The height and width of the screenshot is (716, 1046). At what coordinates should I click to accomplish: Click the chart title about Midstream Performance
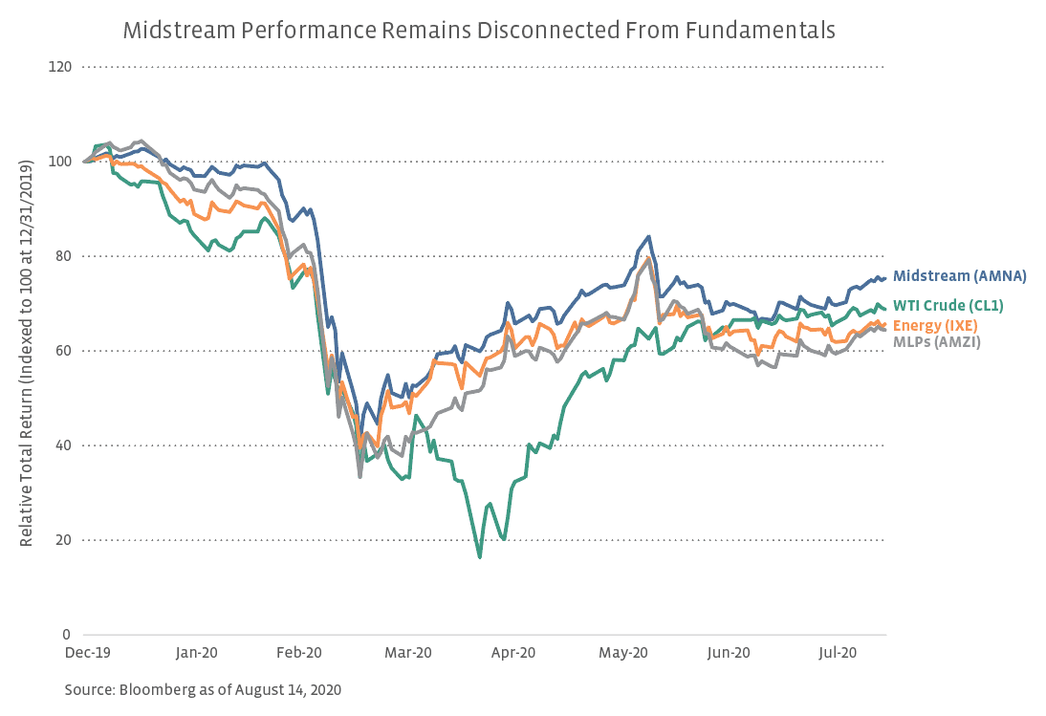[x=479, y=31]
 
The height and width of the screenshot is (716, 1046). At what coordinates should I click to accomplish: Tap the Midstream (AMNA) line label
[x=959, y=276]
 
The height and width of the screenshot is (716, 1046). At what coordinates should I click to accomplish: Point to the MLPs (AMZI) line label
[x=936, y=341]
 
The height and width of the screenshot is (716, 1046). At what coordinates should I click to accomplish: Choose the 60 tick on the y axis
[x=63, y=351]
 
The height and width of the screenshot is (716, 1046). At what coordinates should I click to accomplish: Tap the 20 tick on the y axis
[x=63, y=540]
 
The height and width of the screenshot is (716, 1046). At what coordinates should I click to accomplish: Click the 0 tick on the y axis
[x=67, y=635]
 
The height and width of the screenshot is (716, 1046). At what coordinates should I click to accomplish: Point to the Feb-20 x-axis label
[x=298, y=653]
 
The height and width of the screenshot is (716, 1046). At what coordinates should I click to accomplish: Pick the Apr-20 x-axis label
[x=513, y=653]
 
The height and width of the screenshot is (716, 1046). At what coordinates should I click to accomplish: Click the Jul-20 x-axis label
[x=838, y=653]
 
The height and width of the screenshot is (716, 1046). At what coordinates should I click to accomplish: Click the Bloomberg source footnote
[x=203, y=689]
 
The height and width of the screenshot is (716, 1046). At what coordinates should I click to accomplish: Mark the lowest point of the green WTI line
[x=479, y=557]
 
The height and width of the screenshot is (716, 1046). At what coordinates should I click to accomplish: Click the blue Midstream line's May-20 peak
[x=649, y=236]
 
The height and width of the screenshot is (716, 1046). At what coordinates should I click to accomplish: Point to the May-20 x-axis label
[x=622, y=653]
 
